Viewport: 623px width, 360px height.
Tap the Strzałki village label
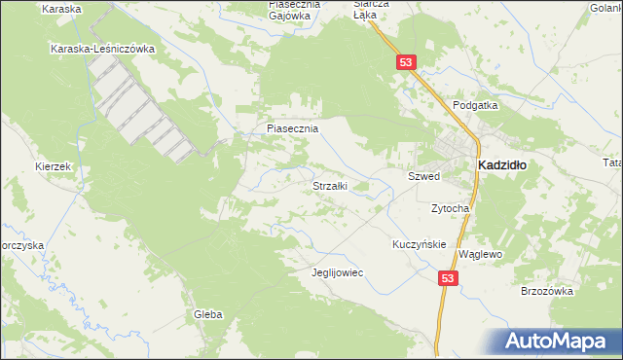point(329,185)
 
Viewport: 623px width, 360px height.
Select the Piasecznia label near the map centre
point(292,127)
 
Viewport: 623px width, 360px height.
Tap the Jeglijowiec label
point(337,272)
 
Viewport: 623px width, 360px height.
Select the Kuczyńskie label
point(420,244)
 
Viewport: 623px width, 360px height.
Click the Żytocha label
point(451,208)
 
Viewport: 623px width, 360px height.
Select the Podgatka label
point(475,104)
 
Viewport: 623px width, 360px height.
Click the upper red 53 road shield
point(407,62)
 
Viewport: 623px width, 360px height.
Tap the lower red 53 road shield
point(447,278)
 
